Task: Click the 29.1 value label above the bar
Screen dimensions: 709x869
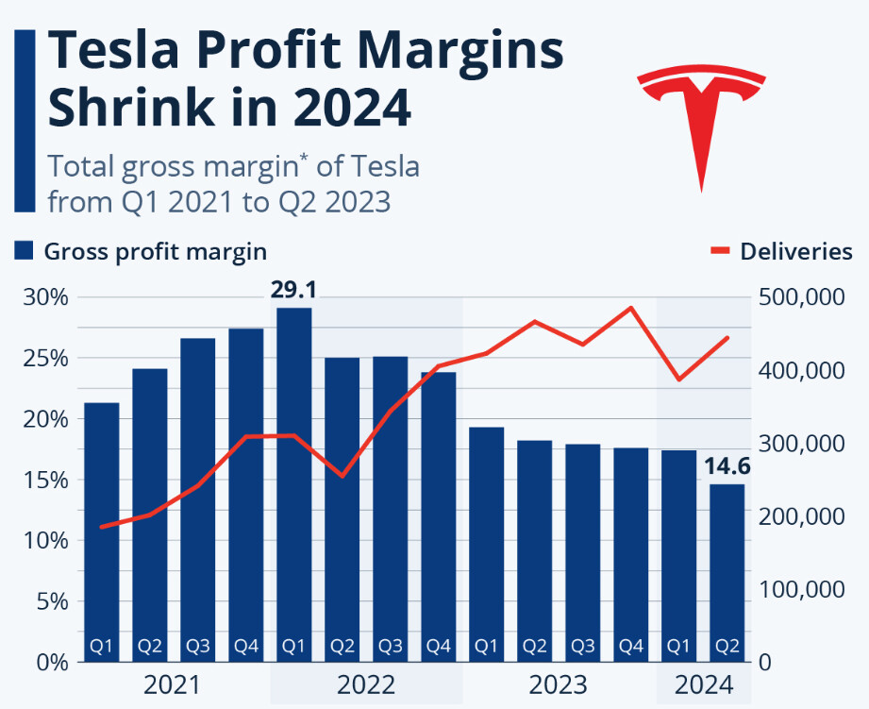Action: pos(293,290)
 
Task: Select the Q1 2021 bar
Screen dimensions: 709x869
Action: pos(102,529)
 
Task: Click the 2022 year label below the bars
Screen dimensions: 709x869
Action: pos(365,684)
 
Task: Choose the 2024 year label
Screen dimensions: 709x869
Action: pos(702,684)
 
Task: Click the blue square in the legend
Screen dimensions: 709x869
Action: pos(25,251)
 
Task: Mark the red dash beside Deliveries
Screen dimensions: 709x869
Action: pos(720,251)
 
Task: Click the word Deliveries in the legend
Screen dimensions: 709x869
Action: pos(796,251)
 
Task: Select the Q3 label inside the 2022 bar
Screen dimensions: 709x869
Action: pos(390,647)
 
